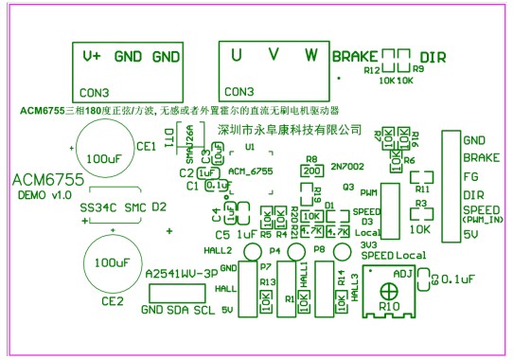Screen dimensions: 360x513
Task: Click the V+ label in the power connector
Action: coord(93,57)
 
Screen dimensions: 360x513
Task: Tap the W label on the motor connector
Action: coord(310,55)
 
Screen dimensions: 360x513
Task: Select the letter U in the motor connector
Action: coord(236,55)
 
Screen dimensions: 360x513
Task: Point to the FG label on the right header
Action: coord(469,175)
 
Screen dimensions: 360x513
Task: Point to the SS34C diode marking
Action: coord(99,206)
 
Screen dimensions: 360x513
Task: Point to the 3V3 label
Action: coord(370,244)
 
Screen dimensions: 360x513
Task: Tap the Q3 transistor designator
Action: coord(347,188)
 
